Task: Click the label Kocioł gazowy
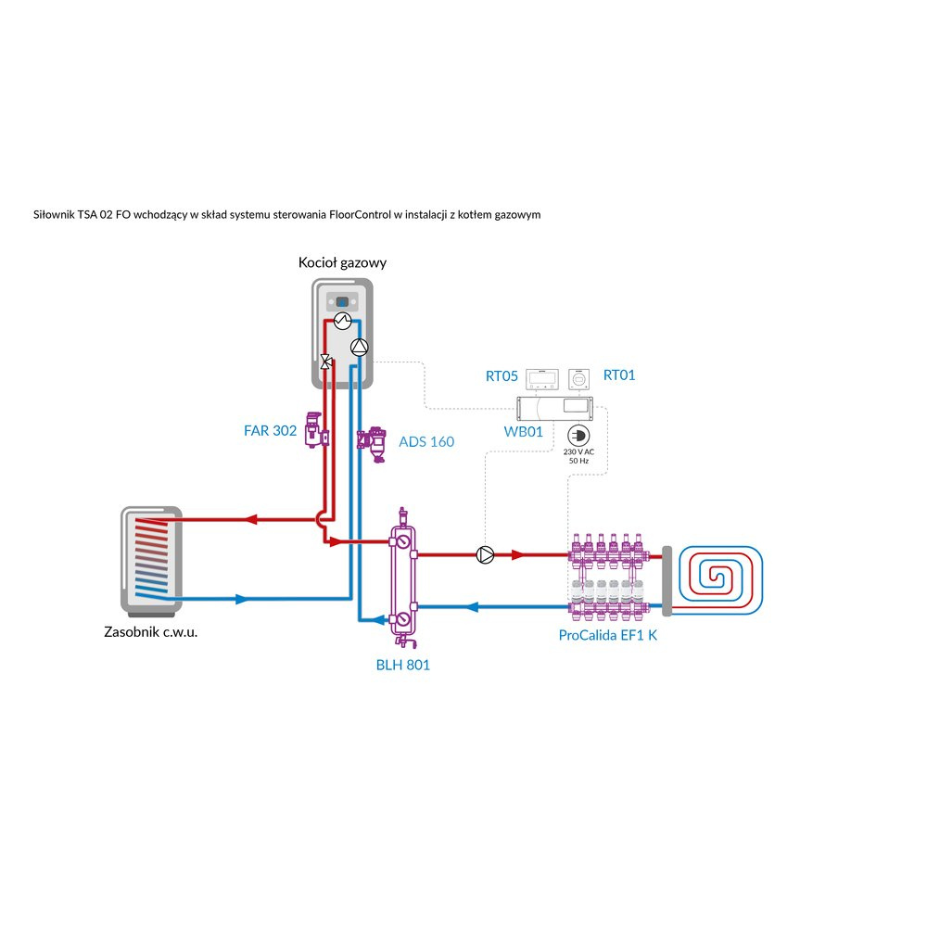click(342, 262)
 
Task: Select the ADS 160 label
click(426, 441)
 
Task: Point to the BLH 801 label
click(403, 665)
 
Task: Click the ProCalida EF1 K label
click(607, 635)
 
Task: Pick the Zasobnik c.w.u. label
click(150, 633)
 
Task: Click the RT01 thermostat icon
click(578, 378)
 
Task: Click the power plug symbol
click(577, 435)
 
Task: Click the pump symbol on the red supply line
click(484, 555)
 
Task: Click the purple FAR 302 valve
click(317, 430)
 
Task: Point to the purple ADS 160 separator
click(375, 443)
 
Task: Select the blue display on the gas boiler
click(341, 302)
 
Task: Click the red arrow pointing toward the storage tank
click(250, 519)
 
